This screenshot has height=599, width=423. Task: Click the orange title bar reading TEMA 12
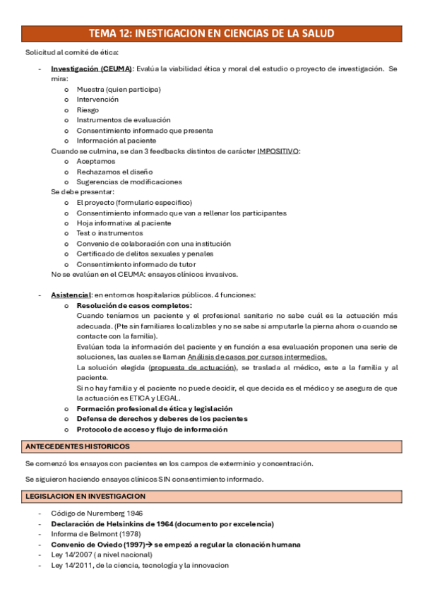point(211,33)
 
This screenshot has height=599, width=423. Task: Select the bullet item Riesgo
point(88,109)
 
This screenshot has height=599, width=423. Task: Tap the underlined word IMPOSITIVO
point(278,150)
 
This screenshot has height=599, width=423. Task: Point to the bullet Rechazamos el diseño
point(113,172)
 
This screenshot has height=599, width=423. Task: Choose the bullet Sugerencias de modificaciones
point(129,182)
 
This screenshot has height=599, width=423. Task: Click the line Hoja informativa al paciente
point(124,223)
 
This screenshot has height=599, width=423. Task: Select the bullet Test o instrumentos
point(109,233)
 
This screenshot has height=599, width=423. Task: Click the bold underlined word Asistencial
point(71,295)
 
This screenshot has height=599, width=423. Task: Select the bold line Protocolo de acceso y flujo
point(152,429)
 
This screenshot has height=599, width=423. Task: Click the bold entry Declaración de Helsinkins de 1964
point(162,524)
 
